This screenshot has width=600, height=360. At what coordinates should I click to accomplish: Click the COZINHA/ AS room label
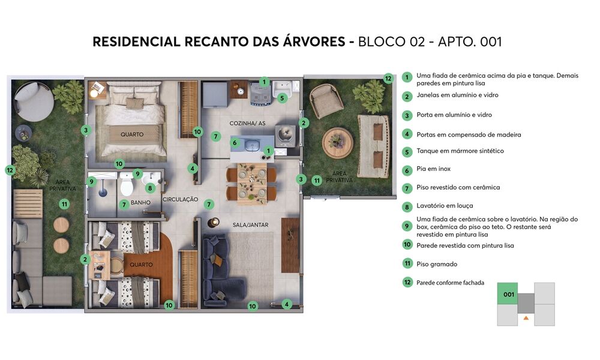tap(243, 124)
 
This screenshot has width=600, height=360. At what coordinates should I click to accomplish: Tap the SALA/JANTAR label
tap(250, 225)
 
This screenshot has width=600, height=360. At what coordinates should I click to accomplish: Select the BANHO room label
tap(140, 203)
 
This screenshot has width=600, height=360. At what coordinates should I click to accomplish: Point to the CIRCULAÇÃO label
tap(180, 199)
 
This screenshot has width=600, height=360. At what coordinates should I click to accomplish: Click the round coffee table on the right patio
tap(338, 143)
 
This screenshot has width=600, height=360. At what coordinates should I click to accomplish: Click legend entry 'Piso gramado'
tap(436, 264)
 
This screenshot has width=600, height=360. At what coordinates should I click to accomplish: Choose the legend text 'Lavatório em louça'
tap(445, 206)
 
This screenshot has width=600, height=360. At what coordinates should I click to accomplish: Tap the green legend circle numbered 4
tap(407, 134)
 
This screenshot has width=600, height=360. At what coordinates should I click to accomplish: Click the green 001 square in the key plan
tap(508, 294)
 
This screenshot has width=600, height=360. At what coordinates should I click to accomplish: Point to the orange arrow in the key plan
tap(526, 317)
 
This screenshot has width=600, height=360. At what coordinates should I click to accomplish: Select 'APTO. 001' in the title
tap(470, 42)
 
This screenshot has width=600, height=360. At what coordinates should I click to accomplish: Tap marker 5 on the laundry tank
tap(282, 98)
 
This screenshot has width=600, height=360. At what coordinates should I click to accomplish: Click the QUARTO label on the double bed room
tap(131, 134)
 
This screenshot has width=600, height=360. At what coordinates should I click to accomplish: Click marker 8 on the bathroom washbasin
tap(151, 188)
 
